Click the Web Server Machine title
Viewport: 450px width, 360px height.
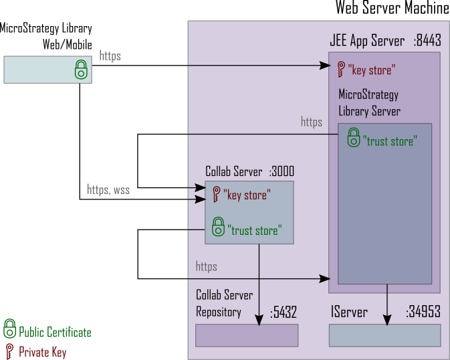392,8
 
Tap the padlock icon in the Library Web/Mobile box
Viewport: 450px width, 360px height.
81,69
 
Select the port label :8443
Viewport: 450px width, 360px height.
427,41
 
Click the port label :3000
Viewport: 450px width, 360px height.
282,171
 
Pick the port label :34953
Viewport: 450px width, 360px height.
423,312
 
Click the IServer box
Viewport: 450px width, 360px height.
384,335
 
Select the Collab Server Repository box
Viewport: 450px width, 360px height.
246,335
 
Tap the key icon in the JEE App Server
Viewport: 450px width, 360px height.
342,68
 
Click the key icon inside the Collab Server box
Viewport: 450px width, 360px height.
216,195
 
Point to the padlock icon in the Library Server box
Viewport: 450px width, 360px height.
353,139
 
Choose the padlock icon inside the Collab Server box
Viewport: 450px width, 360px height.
218,227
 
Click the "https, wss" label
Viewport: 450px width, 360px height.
108,190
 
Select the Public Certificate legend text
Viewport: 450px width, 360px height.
55,333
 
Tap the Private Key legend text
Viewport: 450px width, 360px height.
42,352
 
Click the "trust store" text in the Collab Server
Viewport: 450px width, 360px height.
255,230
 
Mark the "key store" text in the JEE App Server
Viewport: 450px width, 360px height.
371,70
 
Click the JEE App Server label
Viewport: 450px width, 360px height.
367,41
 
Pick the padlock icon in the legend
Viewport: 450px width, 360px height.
9,329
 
